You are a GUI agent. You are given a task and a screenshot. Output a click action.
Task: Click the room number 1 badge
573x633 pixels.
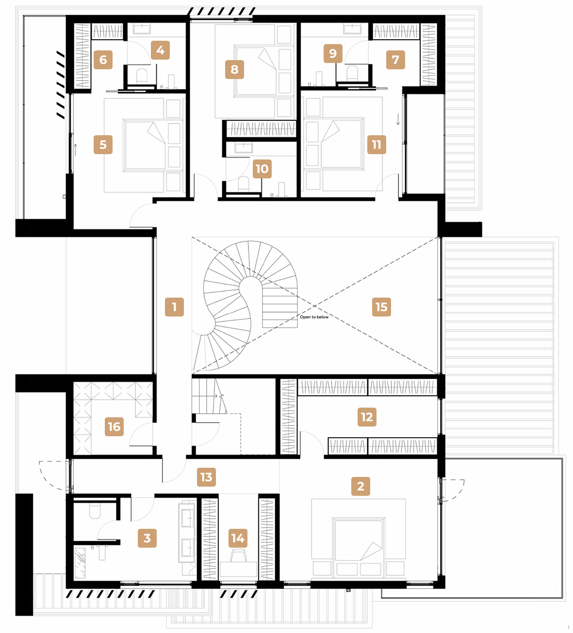(174, 307)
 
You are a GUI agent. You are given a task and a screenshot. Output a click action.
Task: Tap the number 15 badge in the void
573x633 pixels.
(381, 307)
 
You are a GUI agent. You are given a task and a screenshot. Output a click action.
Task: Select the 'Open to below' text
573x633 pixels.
(314, 317)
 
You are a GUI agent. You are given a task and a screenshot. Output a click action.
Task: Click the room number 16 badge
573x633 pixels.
(114, 427)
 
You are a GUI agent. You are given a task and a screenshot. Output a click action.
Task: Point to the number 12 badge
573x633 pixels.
(367, 417)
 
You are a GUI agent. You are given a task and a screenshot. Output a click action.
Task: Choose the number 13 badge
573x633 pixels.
(206, 477)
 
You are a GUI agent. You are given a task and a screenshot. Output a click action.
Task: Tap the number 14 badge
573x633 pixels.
(238, 538)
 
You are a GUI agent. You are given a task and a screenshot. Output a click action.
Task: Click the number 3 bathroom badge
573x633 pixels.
(147, 538)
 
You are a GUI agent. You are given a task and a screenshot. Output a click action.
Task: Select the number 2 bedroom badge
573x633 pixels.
(360, 486)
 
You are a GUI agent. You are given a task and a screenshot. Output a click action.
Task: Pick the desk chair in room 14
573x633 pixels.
(238, 555)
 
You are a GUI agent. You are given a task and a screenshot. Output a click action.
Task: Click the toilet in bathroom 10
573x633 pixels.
(244, 184)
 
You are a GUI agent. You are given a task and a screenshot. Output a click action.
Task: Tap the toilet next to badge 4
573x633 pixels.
(142, 76)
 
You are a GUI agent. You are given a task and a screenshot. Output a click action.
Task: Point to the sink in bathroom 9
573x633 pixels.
(352, 29)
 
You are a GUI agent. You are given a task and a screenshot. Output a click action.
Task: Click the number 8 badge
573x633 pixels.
(234, 69)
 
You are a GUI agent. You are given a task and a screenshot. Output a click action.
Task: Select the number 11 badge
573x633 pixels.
(377, 144)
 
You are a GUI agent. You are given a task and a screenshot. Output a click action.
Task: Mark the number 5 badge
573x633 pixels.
(103, 144)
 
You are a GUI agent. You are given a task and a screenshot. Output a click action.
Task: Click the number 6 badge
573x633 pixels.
(103, 60)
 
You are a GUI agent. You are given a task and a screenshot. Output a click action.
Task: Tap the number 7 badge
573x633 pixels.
(395, 60)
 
